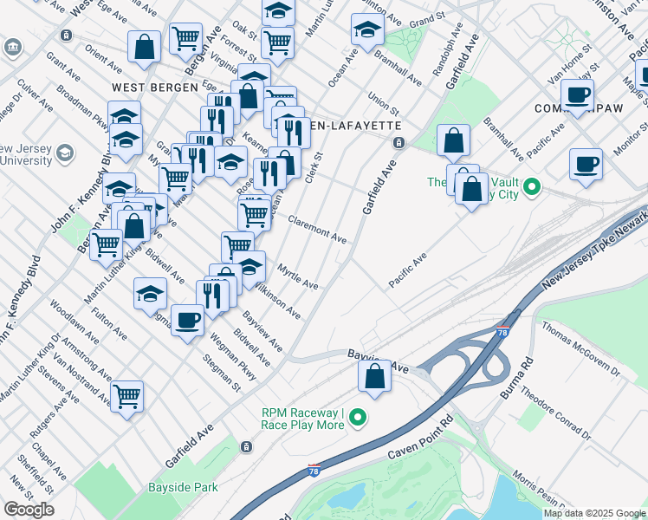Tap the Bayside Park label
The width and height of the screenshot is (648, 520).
183,487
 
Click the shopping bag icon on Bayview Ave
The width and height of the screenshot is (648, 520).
374,377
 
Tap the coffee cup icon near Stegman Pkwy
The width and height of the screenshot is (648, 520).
187,322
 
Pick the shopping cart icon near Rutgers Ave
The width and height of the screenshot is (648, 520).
127,397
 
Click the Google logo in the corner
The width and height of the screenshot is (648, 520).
29,510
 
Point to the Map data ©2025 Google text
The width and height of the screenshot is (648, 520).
593,513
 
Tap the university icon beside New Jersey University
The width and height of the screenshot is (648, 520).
63,154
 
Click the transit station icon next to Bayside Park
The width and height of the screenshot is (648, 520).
246,446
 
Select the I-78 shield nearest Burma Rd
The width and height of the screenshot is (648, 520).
503,332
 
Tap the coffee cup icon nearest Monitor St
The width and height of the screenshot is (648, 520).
586,162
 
